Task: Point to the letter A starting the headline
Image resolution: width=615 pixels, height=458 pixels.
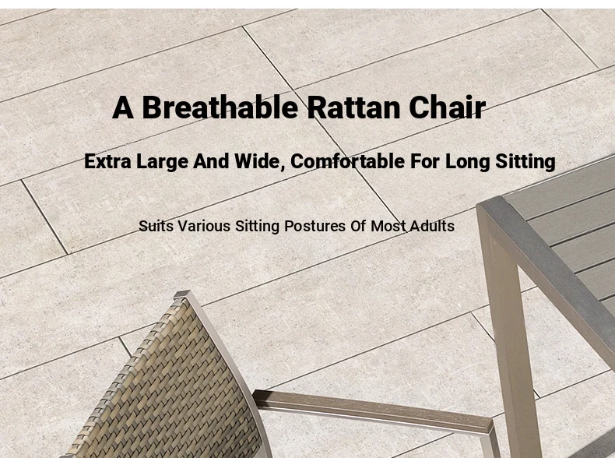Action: coord(122,107)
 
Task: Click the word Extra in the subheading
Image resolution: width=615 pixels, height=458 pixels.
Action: coord(107,161)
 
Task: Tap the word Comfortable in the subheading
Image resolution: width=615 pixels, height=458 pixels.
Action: coord(347,161)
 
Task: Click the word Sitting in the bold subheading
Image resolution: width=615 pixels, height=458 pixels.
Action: coord(525,162)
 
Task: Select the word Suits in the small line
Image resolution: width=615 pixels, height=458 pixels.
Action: coord(156,227)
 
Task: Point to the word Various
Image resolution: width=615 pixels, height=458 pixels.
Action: coord(204,227)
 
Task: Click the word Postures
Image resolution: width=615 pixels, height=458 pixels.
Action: coord(315,227)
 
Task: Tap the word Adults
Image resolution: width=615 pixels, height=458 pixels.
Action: coord(432,226)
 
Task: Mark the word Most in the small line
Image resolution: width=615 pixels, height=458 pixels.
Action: coord(388,227)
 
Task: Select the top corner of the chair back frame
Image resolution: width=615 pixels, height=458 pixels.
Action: coord(181,293)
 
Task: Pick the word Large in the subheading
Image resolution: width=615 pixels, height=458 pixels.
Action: coord(162,162)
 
